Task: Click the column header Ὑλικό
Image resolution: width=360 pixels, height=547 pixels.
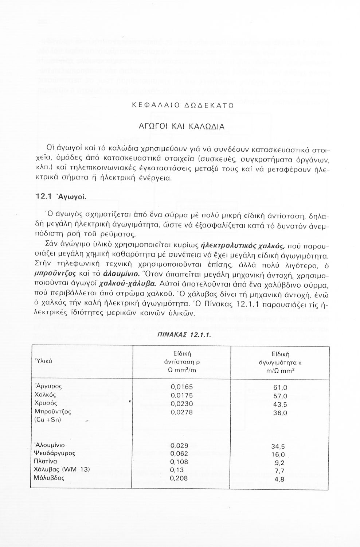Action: tap(43, 361)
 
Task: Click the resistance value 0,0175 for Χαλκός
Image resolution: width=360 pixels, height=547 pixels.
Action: tap(182, 395)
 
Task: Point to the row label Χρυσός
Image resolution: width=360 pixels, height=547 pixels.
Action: tap(46, 403)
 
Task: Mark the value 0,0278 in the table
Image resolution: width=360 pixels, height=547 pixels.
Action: tap(182, 412)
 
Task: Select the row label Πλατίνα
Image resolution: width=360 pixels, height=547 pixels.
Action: tap(46, 462)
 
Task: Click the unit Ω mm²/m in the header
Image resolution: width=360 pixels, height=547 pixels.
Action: tap(181, 370)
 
